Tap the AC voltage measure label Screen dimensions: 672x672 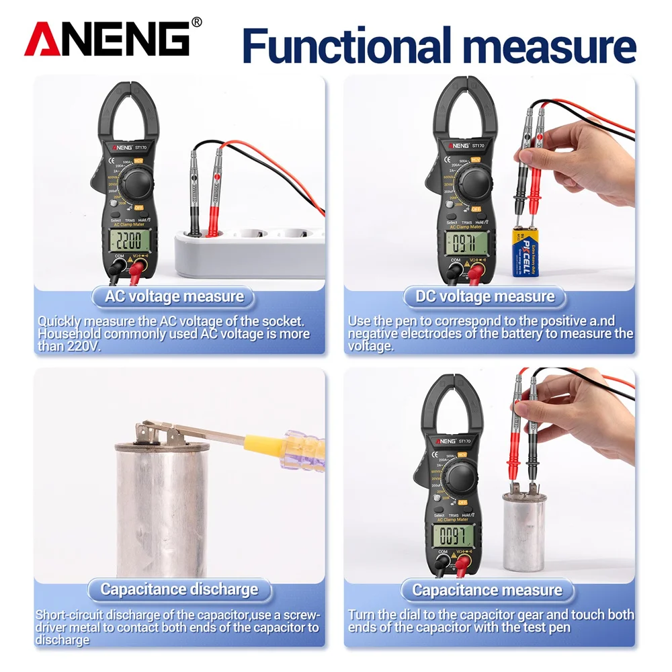tap(174, 296)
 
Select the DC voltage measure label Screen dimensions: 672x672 tap(485, 296)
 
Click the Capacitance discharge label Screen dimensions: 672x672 tap(179, 589)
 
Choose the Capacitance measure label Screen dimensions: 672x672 tap(487, 590)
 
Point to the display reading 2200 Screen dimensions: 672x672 tap(127, 241)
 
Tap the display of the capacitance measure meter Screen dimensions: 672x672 tap(451, 536)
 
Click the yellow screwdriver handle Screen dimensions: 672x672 tap(269, 445)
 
